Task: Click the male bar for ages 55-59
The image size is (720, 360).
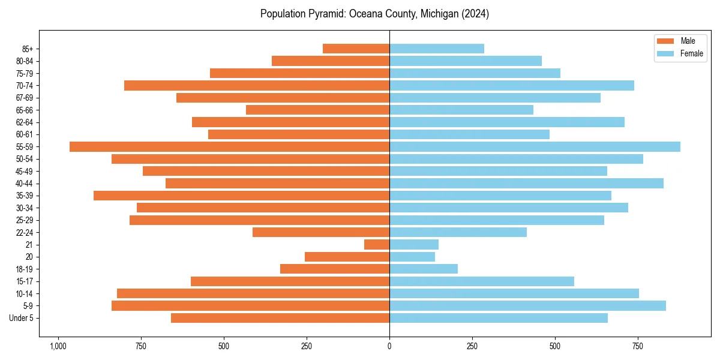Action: [x=229, y=146]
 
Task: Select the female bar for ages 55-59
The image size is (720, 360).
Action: [x=535, y=146]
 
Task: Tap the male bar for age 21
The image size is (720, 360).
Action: [x=377, y=244]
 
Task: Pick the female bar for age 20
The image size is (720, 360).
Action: [x=412, y=257]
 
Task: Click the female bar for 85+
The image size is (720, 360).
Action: [x=437, y=49]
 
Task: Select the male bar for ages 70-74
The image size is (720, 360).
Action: [x=257, y=85]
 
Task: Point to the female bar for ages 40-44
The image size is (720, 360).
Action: [x=526, y=183]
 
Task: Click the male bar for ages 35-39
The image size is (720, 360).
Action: [x=241, y=196]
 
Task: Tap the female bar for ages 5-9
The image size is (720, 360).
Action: [x=527, y=305]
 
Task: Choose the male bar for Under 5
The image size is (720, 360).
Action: [x=280, y=318]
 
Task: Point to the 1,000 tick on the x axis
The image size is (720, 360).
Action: [x=58, y=347]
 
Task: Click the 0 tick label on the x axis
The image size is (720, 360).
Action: [x=389, y=347]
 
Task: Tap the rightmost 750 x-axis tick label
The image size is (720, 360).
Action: [x=638, y=347]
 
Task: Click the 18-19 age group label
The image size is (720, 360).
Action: [x=25, y=269]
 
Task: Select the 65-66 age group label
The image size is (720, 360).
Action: [x=25, y=110]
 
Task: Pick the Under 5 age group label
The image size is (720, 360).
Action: [x=22, y=318]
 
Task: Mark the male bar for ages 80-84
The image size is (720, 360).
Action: [x=331, y=61]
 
